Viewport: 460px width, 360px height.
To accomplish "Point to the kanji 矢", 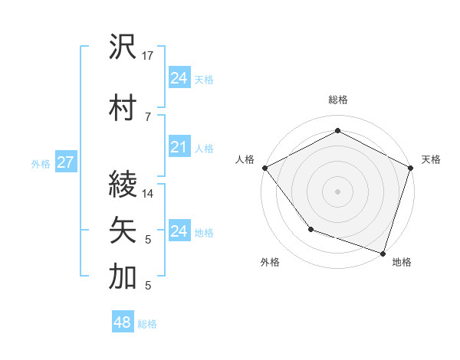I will [123, 231].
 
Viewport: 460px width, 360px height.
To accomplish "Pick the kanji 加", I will [123, 277].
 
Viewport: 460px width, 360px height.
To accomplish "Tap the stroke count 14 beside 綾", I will [149, 194].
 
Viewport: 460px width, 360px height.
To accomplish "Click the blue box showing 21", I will [179, 147].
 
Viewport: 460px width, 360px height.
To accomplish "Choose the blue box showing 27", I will [65, 162].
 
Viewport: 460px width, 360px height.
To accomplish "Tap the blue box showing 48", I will [122, 322].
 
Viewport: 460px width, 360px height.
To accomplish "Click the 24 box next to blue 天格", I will [179, 78].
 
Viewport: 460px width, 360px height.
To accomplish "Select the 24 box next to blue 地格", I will [179, 231].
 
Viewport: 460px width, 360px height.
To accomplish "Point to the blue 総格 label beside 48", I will [147, 324].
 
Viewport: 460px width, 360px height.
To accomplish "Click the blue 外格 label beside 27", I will [41, 163].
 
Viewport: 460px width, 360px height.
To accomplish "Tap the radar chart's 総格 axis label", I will [337, 100].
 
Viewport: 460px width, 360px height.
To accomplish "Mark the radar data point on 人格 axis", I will [264, 168].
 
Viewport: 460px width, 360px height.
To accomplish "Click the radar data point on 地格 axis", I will [383, 252].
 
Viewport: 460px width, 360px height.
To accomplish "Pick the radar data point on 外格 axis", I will [310, 229].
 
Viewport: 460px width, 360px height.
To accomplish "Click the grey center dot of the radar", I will [337, 191].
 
